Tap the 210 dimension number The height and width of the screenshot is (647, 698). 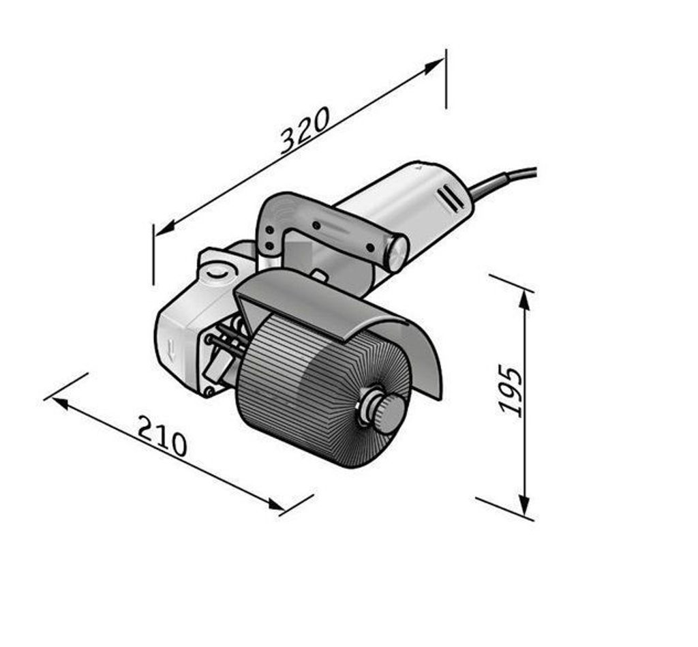[x=162, y=436]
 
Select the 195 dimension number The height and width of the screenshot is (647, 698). [x=510, y=391]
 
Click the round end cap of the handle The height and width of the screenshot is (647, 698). [x=396, y=253]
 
